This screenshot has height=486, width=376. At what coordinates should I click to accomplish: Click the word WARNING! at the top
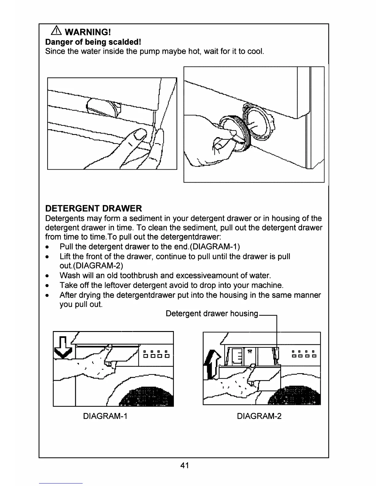click(x=88, y=32)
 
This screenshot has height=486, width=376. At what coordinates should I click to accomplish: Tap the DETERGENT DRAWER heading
click(x=93, y=209)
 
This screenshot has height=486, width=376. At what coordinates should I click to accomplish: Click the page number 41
click(x=185, y=465)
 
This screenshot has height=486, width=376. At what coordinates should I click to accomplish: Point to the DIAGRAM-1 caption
click(x=105, y=416)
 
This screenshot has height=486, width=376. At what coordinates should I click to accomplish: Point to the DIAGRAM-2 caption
click(x=259, y=416)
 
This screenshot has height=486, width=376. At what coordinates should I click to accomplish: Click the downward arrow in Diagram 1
click(x=63, y=347)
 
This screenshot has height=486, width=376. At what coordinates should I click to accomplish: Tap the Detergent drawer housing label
click(x=212, y=314)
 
